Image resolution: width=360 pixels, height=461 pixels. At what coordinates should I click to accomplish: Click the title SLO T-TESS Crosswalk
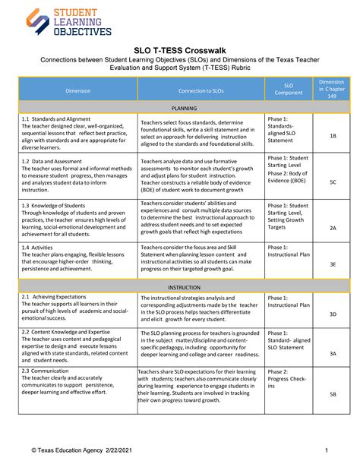tap(179, 46)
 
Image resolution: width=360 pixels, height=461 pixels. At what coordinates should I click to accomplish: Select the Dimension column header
tap(77, 90)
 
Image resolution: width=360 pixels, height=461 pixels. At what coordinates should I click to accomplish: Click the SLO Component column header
tap(288, 90)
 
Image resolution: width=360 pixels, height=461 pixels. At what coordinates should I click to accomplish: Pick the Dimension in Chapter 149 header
tap(332, 90)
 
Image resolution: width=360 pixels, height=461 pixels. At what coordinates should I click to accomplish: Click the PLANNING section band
tap(185, 108)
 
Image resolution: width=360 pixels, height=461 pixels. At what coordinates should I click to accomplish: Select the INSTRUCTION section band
tap(185, 288)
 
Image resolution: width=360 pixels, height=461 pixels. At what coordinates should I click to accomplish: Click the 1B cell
tap(333, 135)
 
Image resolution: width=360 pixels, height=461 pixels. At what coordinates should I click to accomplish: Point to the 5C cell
tap(333, 182)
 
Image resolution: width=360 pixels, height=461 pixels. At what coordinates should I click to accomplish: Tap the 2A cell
tap(333, 228)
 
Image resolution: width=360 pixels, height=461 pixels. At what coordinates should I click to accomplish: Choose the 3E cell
tap(333, 264)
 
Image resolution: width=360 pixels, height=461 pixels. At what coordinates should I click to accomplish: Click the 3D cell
tap(333, 314)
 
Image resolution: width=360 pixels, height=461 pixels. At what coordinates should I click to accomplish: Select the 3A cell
tap(333, 353)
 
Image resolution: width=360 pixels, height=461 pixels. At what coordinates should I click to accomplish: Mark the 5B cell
tap(333, 394)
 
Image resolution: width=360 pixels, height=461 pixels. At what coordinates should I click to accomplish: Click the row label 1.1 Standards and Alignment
tap(51, 119)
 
